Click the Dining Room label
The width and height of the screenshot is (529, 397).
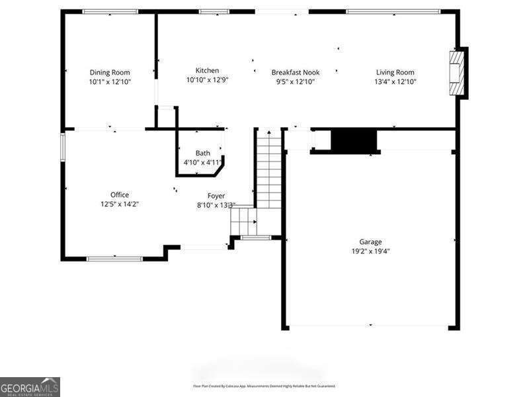[110, 72]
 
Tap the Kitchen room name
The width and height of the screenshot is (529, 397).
[207, 70]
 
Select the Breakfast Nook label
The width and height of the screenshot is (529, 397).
[296, 72]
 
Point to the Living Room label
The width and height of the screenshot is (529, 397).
[395, 72]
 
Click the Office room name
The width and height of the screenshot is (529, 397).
[120, 195]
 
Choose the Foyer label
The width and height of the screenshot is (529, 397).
[216, 196]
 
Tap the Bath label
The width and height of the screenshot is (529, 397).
[202, 153]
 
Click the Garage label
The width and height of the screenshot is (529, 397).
[370, 242]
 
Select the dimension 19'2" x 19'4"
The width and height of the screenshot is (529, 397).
[370, 251]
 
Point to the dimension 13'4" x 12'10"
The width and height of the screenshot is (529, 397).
[395, 82]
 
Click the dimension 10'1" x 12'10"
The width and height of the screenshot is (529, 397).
[110, 82]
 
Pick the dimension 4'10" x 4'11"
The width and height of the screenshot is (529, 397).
[202, 162]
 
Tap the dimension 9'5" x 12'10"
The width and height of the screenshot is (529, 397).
[296, 82]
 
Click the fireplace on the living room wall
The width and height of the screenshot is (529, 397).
[456, 73]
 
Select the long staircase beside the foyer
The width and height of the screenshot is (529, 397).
[269, 169]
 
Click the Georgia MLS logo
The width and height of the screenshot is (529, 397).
[30, 386]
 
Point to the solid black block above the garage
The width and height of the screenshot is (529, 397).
[353, 140]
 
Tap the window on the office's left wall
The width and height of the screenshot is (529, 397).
[63, 146]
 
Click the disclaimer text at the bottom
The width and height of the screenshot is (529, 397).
[264, 386]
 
